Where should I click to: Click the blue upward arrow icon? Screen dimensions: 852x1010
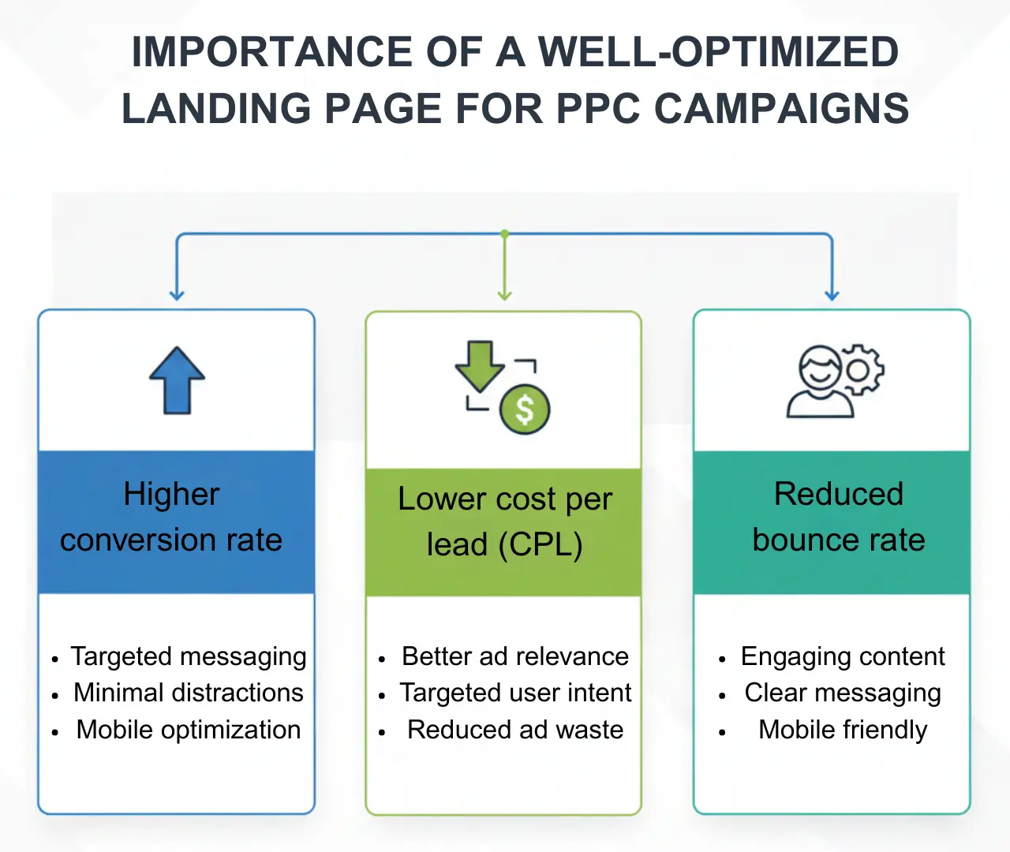(178, 380)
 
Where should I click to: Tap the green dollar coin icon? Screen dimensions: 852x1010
(525, 409)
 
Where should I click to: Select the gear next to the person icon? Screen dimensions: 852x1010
(861, 369)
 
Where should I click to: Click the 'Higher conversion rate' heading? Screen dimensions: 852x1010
(171, 517)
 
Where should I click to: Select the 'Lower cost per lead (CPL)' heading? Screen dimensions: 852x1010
(504, 521)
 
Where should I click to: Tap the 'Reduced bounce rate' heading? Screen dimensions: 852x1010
(838, 517)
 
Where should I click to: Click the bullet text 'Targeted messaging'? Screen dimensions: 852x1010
(189, 656)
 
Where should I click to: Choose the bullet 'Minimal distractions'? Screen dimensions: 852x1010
(189, 693)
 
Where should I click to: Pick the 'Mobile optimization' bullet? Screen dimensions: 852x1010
(189, 730)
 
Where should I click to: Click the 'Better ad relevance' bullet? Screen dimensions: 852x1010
(515, 656)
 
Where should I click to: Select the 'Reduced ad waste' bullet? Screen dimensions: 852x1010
(515, 730)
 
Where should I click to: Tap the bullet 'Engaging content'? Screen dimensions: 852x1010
(843, 656)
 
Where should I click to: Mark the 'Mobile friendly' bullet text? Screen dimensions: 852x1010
(843, 730)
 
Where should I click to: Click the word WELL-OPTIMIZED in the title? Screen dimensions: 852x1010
(718, 52)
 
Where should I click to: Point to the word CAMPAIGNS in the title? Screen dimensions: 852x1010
(782, 108)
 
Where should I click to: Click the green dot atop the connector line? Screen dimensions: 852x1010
(505, 234)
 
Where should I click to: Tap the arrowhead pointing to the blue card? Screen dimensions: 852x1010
(177, 295)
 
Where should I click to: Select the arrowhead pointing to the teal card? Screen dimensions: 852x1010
(832, 295)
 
